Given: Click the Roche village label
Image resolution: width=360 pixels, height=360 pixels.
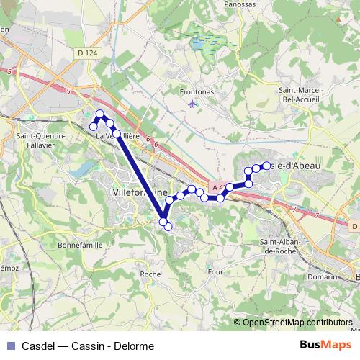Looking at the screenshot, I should pyautogui.click(x=150, y=274).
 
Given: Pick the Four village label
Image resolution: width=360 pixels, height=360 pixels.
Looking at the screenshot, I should pyautogui.click(x=215, y=272).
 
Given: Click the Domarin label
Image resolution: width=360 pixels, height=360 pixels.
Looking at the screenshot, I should pyautogui.click(x=322, y=276).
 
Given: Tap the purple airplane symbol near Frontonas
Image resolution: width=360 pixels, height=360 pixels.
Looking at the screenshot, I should pyautogui.click(x=191, y=104).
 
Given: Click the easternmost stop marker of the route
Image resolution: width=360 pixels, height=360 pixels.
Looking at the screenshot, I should pyautogui.click(x=266, y=166).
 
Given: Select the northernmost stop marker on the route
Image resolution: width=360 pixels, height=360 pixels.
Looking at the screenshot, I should pyautogui.click(x=101, y=114).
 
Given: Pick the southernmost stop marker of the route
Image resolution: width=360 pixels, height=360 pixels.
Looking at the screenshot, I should pyautogui.click(x=168, y=227).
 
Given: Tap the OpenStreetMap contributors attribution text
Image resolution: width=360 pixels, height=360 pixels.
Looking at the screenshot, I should pyautogui.click(x=297, y=322).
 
